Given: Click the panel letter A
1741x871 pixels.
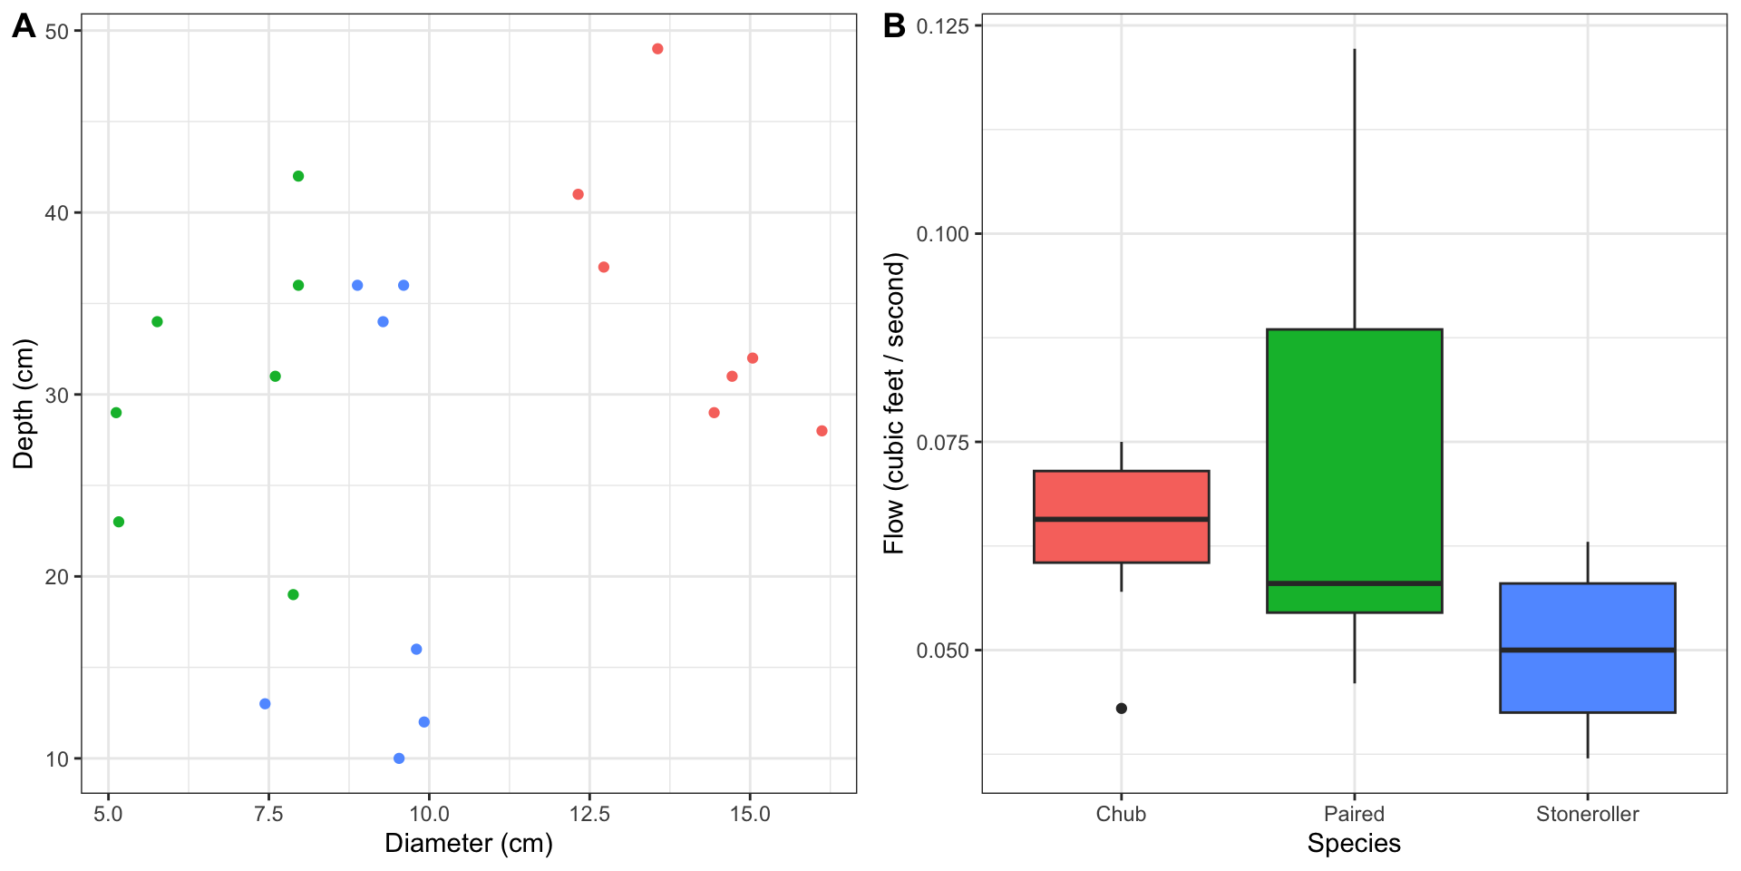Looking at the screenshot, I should point(24,26).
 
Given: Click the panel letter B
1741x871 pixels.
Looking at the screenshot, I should point(894,26).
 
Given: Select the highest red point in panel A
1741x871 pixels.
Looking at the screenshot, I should point(657,49).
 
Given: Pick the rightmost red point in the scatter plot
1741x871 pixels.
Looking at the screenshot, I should point(822,431).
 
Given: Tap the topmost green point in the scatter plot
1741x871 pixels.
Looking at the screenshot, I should point(298,176).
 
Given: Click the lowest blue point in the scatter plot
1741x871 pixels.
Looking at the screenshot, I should point(399,758).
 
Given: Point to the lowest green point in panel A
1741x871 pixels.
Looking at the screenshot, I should point(293,595).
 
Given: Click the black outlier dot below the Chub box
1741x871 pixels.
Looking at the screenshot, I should point(1122,709).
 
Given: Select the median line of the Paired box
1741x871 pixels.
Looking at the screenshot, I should point(1354,583).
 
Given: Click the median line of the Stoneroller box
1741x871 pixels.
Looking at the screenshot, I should point(1587,651).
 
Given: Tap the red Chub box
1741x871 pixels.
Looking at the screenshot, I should point(1122,494).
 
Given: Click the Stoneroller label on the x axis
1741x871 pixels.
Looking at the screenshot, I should point(1587,815).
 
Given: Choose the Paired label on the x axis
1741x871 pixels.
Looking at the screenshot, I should point(1354,815).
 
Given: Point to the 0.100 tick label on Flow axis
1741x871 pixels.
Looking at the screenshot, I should point(942,234).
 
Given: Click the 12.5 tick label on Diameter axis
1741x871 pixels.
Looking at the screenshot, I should point(589,815).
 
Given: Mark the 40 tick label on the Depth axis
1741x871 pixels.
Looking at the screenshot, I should point(56,213).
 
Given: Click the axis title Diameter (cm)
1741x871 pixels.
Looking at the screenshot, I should point(469,844).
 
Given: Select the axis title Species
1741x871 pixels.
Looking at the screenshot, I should point(1354,844).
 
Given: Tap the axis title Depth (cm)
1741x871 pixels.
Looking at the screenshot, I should point(24,404).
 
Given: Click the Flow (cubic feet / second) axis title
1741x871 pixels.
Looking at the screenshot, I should point(894,404).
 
